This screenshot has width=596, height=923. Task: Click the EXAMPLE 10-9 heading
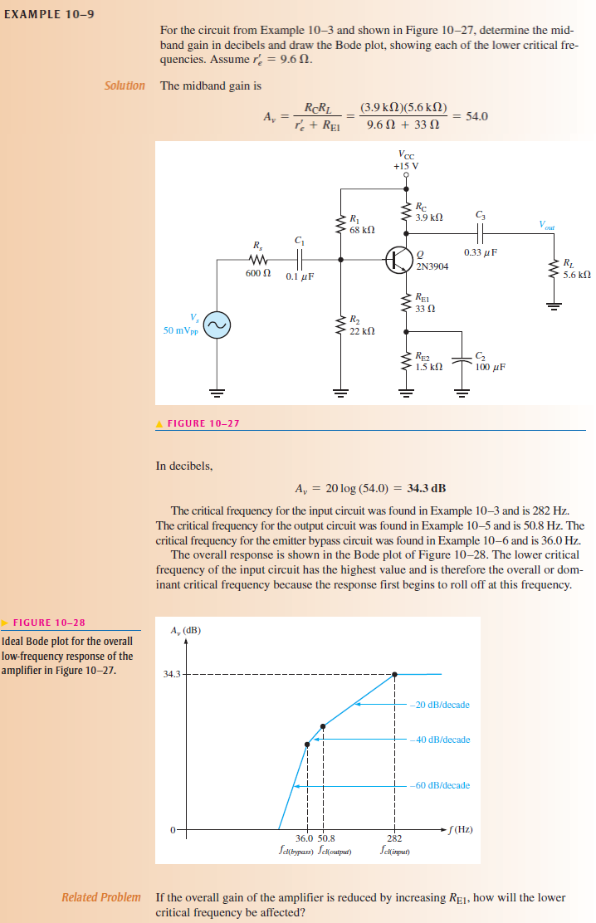pyautogui.click(x=47, y=14)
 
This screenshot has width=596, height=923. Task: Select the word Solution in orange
pyautogui.click(x=125, y=85)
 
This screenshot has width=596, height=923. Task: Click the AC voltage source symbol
pyautogui.click(x=218, y=326)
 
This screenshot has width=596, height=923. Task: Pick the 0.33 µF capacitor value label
pyautogui.click(x=481, y=252)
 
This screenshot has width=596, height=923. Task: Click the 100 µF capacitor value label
pyautogui.click(x=490, y=366)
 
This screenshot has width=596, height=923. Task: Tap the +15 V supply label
pyautogui.click(x=406, y=165)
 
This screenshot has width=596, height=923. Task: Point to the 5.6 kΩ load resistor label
pyautogui.click(x=576, y=274)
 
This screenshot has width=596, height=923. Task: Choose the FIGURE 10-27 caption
pyautogui.click(x=203, y=423)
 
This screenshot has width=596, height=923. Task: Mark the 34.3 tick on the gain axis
pyautogui.click(x=172, y=674)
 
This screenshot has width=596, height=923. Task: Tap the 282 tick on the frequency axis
pyautogui.click(x=395, y=839)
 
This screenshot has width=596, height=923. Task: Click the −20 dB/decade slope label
pyautogui.click(x=440, y=705)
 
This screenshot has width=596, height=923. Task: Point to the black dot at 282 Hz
pyautogui.click(x=394, y=674)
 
